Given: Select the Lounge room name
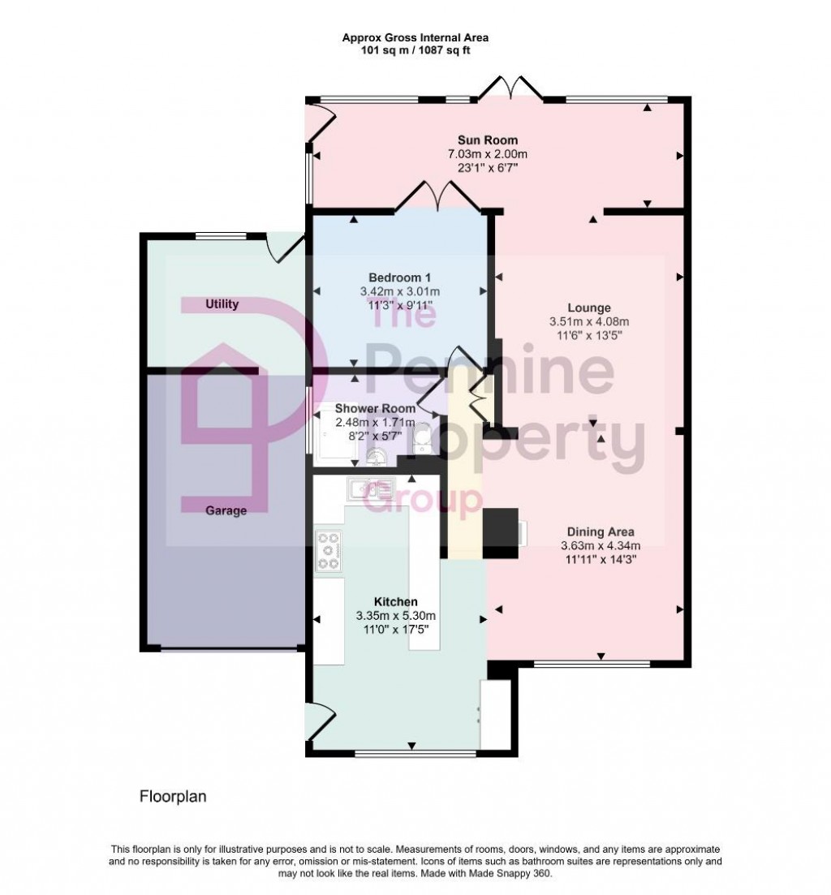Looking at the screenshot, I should click(588, 308).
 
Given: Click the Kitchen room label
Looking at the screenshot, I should click(395, 601).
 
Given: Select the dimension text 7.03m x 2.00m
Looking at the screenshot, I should click(482, 154).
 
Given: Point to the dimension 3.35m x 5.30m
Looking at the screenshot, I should click(395, 615).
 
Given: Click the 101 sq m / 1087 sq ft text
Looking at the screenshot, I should click(415, 49).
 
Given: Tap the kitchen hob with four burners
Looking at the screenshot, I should click(329, 551).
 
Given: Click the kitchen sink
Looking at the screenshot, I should click(371, 488).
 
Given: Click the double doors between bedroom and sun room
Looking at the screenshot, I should click(438, 196).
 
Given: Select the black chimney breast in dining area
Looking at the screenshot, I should click(501, 533).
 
